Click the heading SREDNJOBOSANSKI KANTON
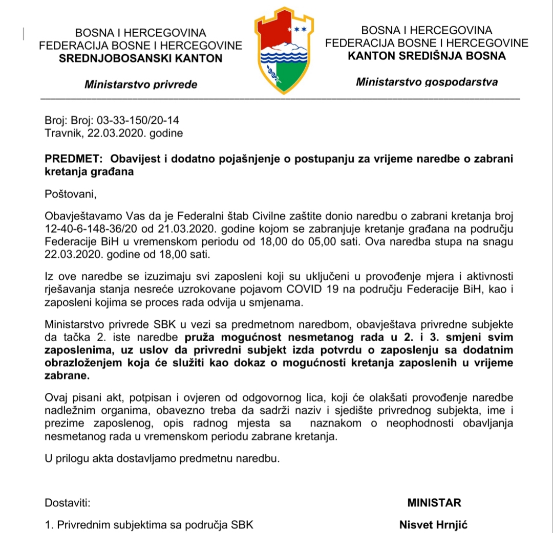tap(141, 58)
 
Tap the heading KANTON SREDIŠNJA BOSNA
tap(427, 56)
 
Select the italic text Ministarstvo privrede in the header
tap(141, 84)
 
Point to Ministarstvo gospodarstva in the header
tap(427, 81)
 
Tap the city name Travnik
tap(61, 134)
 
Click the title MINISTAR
tap(434, 502)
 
